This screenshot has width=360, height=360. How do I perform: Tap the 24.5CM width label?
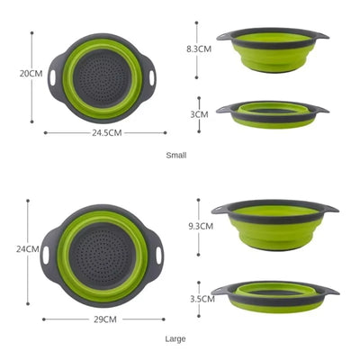[x=108, y=132]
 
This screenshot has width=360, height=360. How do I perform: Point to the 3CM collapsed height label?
[x=199, y=114]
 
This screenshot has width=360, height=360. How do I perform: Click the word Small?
[x=176, y=156]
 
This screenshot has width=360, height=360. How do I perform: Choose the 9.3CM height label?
[x=199, y=227]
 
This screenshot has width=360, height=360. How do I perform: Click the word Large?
[x=175, y=339]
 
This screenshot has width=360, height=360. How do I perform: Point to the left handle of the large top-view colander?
[x=47, y=256]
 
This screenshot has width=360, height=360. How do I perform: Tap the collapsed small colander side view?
[x=272, y=113]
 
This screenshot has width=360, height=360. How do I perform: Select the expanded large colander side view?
[x=274, y=226]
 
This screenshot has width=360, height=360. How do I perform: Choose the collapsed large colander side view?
[x=274, y=295]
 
